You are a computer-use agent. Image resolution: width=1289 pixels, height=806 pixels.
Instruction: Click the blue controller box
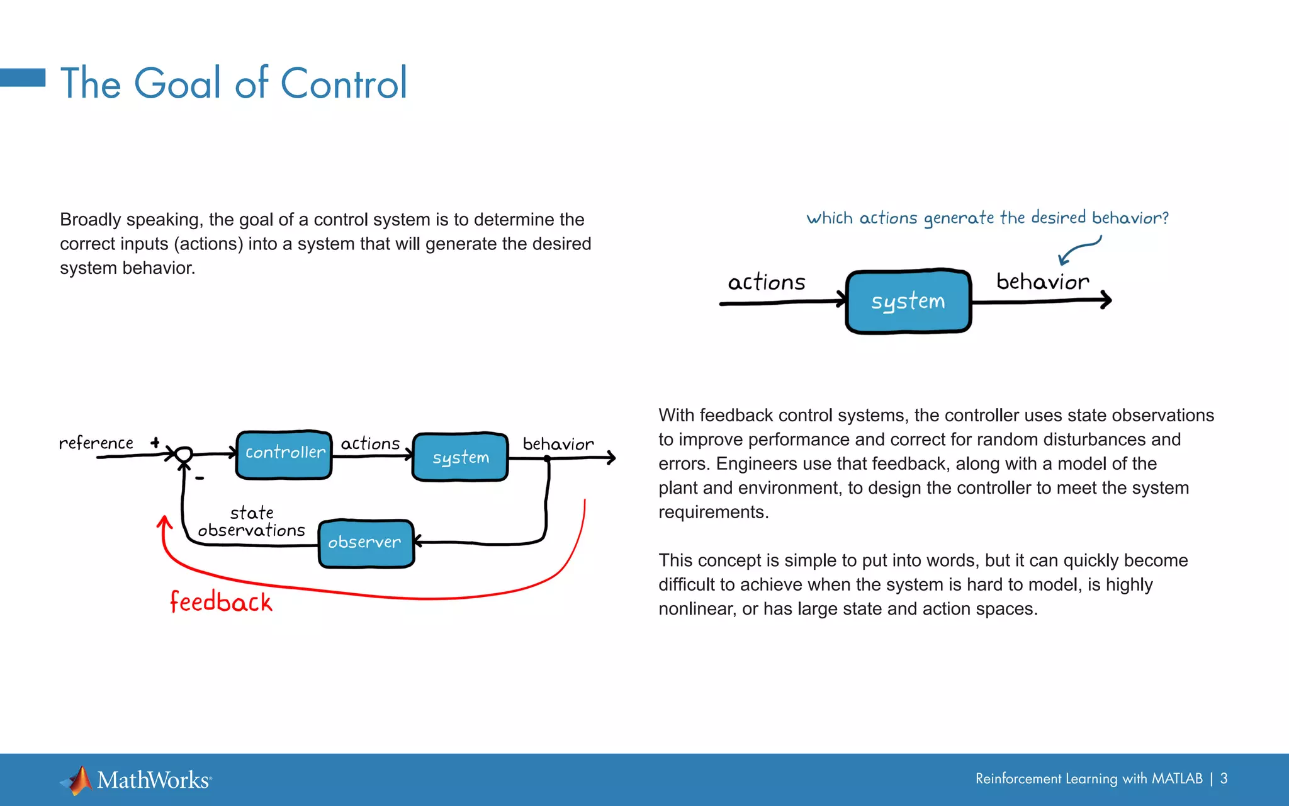(284, 455)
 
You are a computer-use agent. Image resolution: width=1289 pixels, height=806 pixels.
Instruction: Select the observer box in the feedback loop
(366, 543)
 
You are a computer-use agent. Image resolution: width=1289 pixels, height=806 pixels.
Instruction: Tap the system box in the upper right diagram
(908, 302)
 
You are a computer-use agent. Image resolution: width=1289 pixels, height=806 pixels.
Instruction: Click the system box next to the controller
(460, 457)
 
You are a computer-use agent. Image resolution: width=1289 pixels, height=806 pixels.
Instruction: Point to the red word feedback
(221, 602)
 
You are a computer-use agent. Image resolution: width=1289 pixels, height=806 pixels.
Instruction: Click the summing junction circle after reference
(183, 454)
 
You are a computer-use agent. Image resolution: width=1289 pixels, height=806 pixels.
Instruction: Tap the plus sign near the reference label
(155, 443)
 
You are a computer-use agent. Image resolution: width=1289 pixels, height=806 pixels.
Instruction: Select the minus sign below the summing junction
(200, 479)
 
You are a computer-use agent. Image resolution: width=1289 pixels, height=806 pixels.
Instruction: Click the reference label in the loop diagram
(96, 443)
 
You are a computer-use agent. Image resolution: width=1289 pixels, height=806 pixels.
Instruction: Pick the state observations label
(252, 521)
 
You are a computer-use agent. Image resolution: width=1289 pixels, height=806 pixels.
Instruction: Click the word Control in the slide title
(344, 83)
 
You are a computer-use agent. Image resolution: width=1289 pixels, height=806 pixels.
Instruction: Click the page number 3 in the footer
(1224, 779)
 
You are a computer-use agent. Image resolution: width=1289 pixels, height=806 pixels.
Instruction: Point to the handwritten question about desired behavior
(987, 218)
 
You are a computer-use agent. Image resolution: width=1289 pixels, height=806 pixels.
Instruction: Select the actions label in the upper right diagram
(766, 282)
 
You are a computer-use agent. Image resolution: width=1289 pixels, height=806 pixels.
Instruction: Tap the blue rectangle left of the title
(23, 77)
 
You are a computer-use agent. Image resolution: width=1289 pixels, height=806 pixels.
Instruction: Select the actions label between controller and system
(370, 444)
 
